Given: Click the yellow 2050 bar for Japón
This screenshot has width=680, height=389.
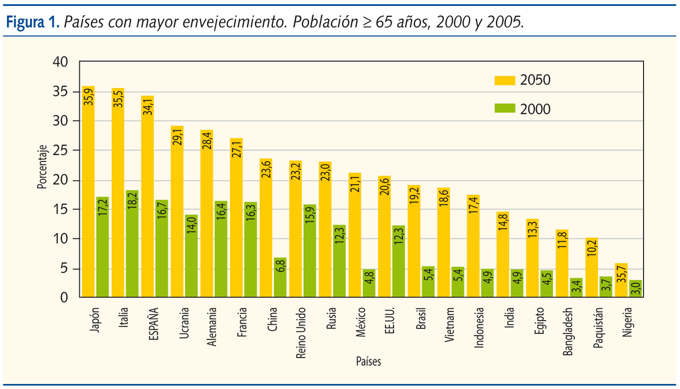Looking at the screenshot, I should [x=88, y=192].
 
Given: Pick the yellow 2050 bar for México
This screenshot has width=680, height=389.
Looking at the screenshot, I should [x=354, y=235].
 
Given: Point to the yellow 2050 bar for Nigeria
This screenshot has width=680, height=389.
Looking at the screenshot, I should [x=621, y=280].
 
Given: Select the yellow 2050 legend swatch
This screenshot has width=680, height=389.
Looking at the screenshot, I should [x=505, y=80].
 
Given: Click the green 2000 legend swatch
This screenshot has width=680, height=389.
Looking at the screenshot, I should [x=505, y=109].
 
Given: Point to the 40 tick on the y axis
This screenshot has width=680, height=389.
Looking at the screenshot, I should [x=60, y=62].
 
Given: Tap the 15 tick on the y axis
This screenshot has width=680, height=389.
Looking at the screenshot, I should [x=60, y=209].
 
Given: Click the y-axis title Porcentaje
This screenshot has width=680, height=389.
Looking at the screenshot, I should [x=42, y=167].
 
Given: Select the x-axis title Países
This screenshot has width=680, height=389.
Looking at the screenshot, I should [x=368, y=362].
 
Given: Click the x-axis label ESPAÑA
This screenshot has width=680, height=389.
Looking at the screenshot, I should [x=154, y=324].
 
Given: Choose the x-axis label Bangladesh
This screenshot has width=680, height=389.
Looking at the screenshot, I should [x=568, y=331].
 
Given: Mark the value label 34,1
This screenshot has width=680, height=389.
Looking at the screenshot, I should [x=148, y=107].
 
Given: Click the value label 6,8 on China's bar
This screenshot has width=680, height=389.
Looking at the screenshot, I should [x=280, y=266].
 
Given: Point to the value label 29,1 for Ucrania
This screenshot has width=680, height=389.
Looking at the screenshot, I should [x=177, y=137].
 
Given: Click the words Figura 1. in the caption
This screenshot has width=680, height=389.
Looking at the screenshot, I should [x=32, y=21].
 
